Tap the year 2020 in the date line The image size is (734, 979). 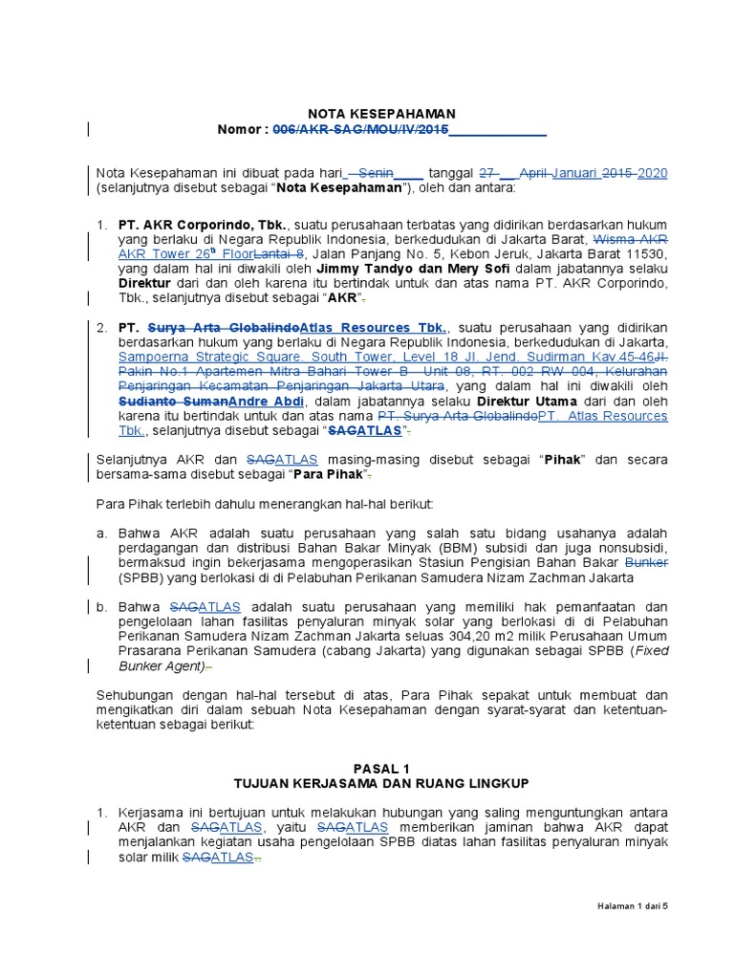tap(652, 173)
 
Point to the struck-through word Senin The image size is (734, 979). tap(374, 173)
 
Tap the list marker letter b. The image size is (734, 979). tap(102, 606)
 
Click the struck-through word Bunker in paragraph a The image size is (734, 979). tap(645, 563)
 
